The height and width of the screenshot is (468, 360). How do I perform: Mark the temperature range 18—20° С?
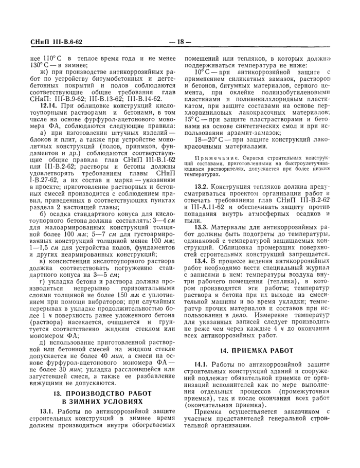[208, 139]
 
